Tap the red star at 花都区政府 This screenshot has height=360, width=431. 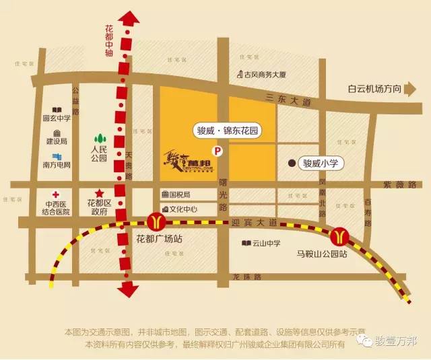(x=100, y=192)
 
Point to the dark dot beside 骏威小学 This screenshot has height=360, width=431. (x=292, y=163)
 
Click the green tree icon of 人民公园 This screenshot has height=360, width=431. (x=99, y=137)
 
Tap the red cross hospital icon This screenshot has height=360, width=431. (x=56, y=192)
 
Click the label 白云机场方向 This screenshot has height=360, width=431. (x=374, y=89)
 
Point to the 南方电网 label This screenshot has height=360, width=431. (x=57, y=164)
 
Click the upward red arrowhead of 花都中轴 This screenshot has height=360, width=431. (x=125, y=14)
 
